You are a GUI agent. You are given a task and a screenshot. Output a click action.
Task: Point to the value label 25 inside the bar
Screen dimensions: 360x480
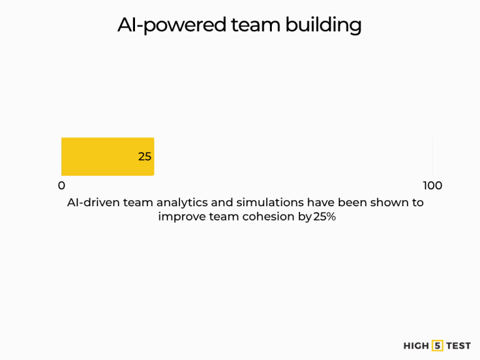pos(145,157)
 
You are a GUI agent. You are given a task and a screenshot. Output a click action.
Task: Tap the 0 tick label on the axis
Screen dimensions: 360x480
pos(61,186)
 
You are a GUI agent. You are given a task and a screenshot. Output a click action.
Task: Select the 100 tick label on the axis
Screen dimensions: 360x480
pos(432,186)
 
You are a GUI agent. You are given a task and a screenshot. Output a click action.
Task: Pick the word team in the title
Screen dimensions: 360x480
pos(255,25)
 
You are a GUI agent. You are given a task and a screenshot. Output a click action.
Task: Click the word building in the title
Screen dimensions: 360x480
pos(323,25)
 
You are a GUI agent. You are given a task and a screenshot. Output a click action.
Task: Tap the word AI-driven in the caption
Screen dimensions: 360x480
pos(93,202)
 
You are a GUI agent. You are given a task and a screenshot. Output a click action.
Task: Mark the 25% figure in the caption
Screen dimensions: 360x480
pos(324,217)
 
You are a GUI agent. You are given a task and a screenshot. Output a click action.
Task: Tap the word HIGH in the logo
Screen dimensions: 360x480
pos(416,346)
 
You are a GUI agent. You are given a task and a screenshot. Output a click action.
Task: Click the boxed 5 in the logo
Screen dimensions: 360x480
pos(437,346)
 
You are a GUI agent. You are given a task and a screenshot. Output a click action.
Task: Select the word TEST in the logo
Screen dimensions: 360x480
pos(458,346)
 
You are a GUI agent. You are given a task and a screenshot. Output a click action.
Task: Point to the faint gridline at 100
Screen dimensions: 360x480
pos(432,156)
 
